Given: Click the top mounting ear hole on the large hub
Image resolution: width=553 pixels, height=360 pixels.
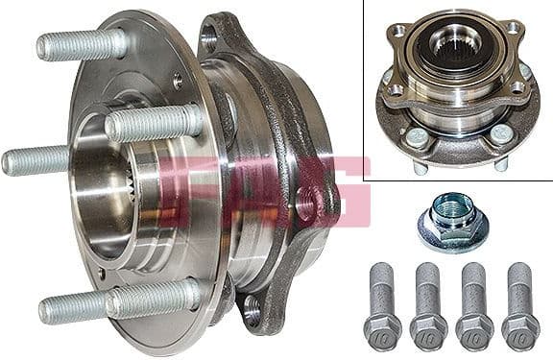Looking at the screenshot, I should click(x=209, y=40).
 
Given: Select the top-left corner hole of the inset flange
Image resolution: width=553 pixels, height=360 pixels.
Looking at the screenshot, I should click(x=397, y=31).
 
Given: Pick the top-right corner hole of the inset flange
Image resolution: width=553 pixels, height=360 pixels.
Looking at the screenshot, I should click(x=515, y=28).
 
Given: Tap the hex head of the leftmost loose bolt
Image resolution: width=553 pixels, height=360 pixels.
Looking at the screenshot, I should click(x=381, y=330).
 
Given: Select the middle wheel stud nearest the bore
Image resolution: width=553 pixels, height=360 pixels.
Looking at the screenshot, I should click(x=154, y=122).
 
